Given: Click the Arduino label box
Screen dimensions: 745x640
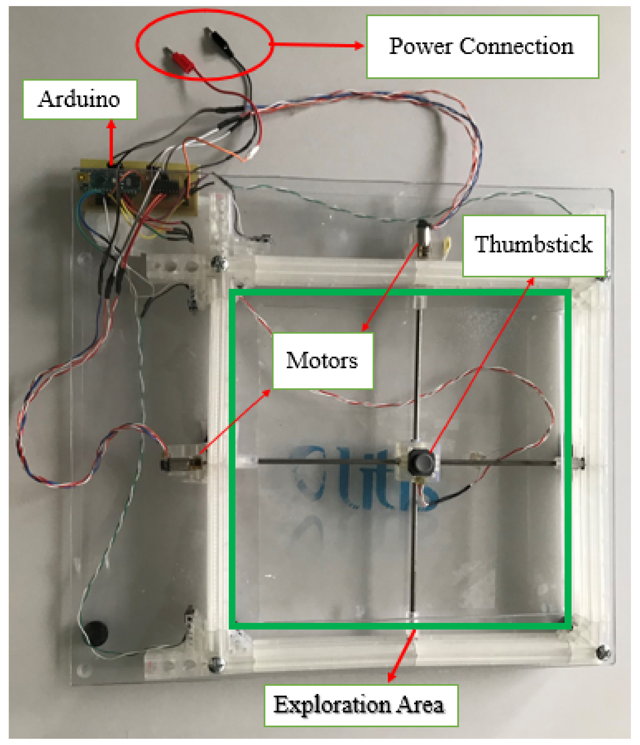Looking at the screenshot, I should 80,99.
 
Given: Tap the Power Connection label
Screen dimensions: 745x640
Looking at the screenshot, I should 482,46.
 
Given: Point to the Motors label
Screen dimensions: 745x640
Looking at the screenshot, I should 322,361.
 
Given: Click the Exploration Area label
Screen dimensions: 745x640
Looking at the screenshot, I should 360,705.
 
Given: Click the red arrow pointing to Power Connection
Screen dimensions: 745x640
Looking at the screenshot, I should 317,45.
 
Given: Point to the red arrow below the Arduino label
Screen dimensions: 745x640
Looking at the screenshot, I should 111,142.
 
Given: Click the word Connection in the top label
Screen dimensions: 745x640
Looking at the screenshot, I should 516,46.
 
